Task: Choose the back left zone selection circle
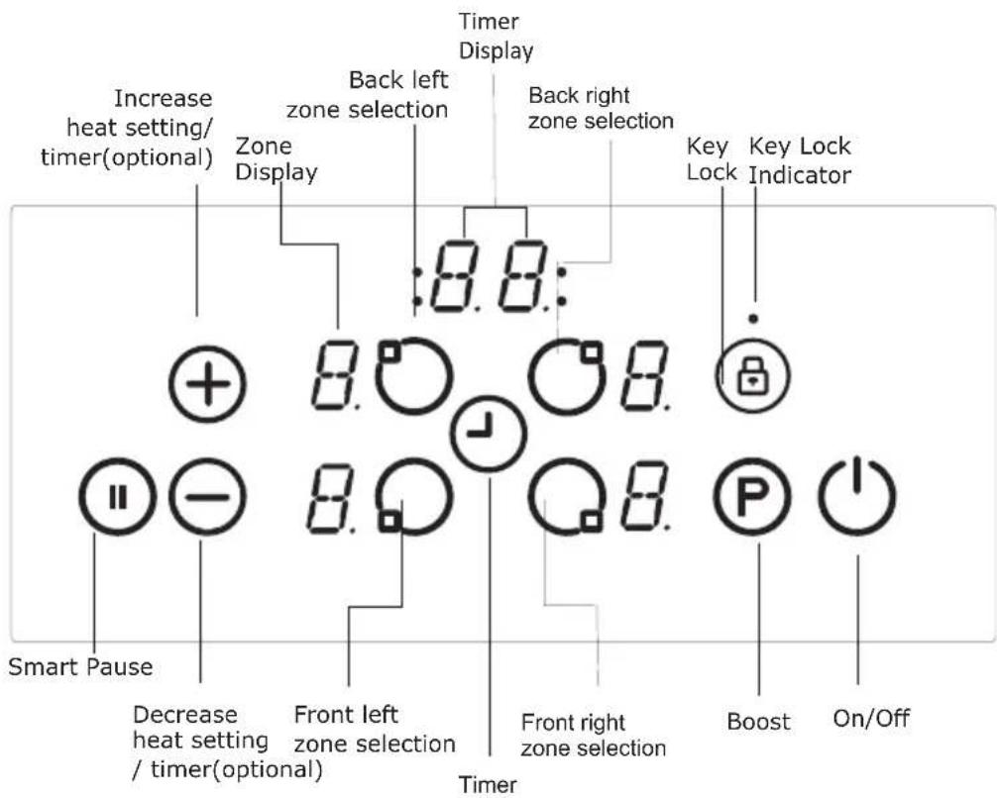pos(413,378)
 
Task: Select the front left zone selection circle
pos(413,493)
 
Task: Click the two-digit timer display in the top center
pos(489,274)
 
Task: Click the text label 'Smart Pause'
pos(80,666)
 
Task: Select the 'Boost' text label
pos(758,722)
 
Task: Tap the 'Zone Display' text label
pos(277,159)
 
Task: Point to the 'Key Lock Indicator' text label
pos(799,159)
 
